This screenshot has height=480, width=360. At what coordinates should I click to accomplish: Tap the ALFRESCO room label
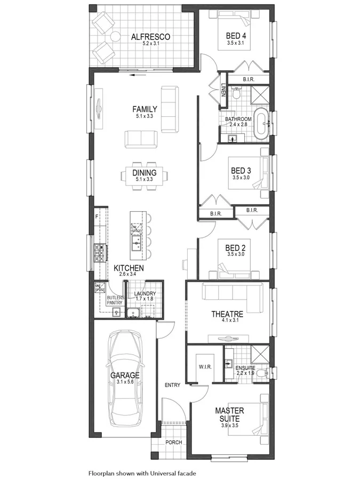click(x=151, y=37)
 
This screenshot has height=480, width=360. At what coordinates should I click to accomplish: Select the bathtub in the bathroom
click(x=261, y=124)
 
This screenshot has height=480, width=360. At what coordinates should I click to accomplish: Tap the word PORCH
click(x=174, y=442)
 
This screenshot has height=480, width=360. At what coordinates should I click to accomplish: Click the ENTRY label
click(x=172, y=385)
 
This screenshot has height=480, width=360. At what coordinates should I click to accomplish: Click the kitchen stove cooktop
click(x=100, y=252)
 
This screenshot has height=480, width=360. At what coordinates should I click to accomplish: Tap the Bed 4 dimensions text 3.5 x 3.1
click(x=235, y=43)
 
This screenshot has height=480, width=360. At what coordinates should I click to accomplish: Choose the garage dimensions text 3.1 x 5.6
click(x=125, y=382)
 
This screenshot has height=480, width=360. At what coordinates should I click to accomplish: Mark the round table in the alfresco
click(x=114, y=37)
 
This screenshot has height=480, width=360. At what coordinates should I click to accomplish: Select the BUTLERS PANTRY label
click(x=115, y=300)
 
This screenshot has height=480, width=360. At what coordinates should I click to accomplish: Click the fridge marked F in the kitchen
click(x=97, y=217)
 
